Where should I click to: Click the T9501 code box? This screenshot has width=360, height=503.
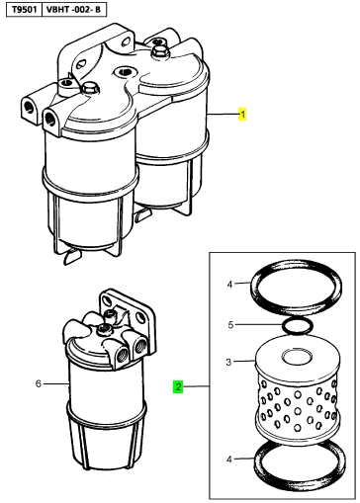(24, 10)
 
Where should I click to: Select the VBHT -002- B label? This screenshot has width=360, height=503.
(73, 10)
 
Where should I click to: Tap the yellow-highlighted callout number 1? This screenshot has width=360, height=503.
(242, 115)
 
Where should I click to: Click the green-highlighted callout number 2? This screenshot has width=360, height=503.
(178, 386)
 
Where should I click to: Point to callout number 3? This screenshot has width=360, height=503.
(228, 363)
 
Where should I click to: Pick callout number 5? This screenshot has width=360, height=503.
(230, 325)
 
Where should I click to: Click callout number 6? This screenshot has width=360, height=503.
(39, 383)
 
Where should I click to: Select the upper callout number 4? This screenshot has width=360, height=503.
(229, 284)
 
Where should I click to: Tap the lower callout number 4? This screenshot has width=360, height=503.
(229, 460)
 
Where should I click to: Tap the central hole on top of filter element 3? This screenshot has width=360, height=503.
(298, 358)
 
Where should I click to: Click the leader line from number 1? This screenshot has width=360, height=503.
(223, 115)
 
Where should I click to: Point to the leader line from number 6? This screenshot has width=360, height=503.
(56, 383)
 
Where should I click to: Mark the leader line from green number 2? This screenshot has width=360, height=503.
(196, 386)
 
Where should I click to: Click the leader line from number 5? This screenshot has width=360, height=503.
(258, 325)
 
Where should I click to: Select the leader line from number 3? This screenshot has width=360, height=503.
(244, 362)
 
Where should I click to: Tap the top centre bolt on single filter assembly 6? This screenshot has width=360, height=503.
(104, 328)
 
